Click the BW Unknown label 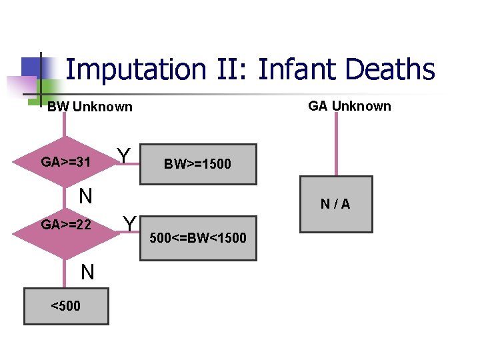coord(90,107)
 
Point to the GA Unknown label coord(349,106)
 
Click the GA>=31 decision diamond coord(65,162)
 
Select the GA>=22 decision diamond coord(65,225)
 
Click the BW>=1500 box coord(199,164)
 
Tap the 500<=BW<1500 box coord(199,238)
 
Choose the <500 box coord(65,306)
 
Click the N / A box coord(335,205)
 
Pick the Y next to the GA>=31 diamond coord(123,156)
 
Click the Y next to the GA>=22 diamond coord(130,223)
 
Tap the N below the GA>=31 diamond coord(85,196)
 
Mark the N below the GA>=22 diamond coord(87,272)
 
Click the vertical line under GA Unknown coord(335,143)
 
